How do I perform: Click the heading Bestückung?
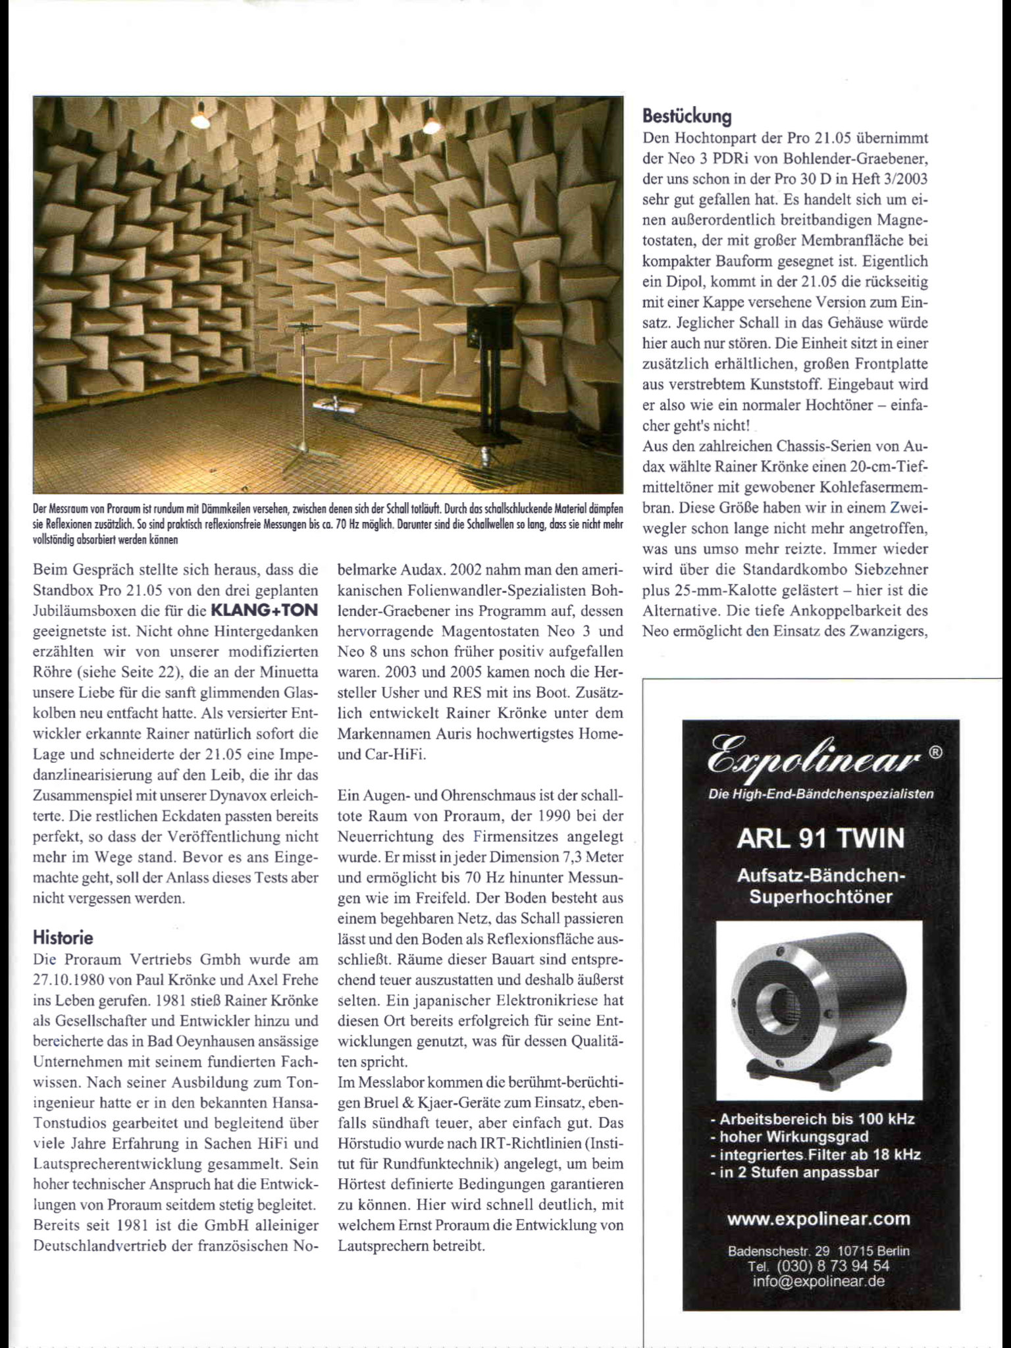687,117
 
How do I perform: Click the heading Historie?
63,937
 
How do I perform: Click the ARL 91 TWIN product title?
821,839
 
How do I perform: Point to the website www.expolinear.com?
818,1218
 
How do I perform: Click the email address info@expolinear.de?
819,1281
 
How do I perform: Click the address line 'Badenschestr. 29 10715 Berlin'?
819,1251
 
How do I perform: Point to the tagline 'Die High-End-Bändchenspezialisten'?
820,794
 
